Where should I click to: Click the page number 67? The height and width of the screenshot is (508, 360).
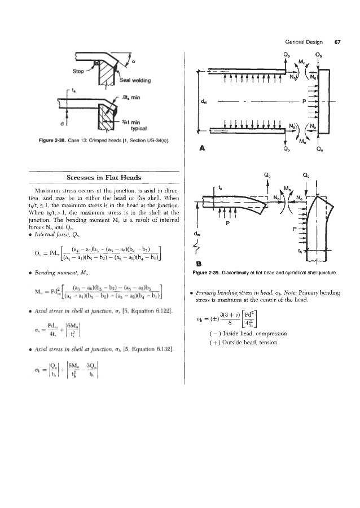(337, 42)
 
